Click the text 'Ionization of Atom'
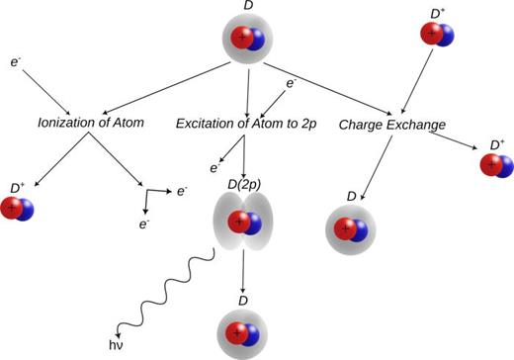pos(90,124)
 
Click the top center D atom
pos(247,41)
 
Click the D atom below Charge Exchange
pos(351,228)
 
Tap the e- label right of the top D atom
pos(292,84)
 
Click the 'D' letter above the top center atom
pos(247,7)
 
